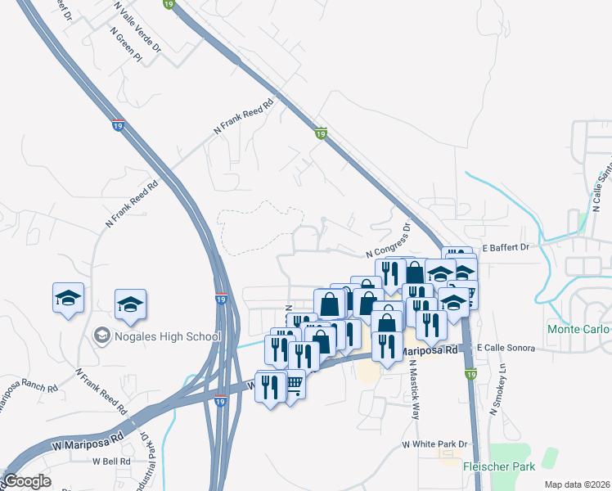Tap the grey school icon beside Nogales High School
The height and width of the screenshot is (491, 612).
pyautogui.click(x=102, y=335)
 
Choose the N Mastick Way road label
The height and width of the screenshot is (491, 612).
pyautogui.click(x=416, y=390)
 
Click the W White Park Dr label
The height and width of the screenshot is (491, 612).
pyautogui.click(x=434, y=444)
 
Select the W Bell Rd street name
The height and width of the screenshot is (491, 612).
pyautogui.click(x=111, y=462)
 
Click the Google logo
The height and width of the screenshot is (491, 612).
pyautogui.click(x=27, y=481)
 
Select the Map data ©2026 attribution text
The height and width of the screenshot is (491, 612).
pyautogui.click(x=577, y=484)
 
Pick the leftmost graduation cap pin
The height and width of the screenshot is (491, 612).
pyautogui.click(x=69, y=298)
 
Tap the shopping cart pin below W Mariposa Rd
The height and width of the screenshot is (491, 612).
pyautogui.click(x=293, y=384)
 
